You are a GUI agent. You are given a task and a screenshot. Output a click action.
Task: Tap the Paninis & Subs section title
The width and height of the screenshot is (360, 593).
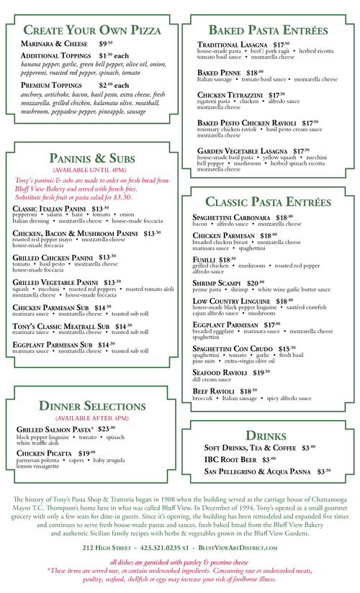pos(91,158)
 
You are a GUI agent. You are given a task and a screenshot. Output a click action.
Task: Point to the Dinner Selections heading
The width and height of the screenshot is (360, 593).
pos(91,406)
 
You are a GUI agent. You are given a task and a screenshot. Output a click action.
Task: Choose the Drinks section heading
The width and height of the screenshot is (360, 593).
pos(266,435)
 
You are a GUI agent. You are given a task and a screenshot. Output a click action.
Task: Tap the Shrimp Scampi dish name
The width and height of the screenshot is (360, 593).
pos(219,284)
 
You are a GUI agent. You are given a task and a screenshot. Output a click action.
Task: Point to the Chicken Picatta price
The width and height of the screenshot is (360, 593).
pos(87,453)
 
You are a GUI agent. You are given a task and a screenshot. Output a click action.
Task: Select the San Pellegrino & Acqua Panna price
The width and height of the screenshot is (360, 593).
pos(323,471)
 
